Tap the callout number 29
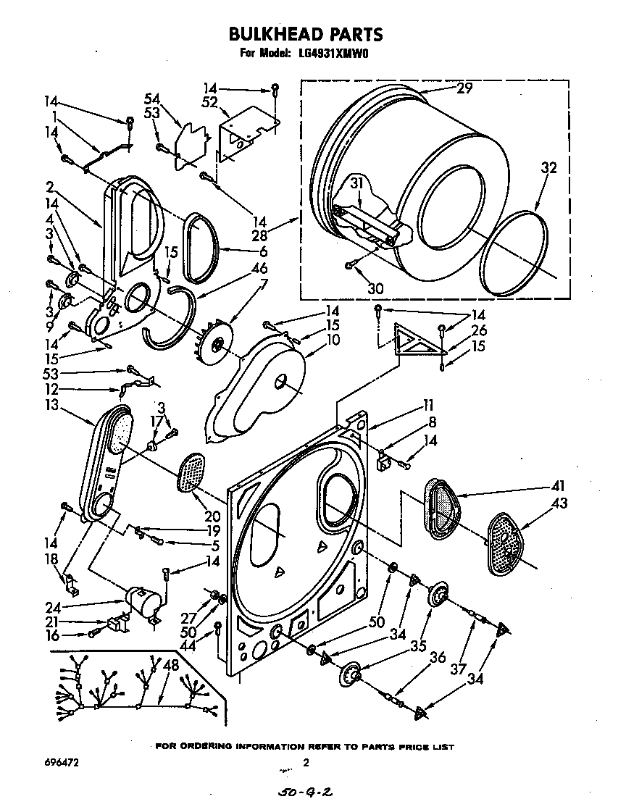[464, 88]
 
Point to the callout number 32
[548, 168]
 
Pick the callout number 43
[559, 503]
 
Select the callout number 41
[558, 485]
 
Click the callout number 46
[258, 268]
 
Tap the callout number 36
[438, 657]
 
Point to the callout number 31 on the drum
[356, 183]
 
